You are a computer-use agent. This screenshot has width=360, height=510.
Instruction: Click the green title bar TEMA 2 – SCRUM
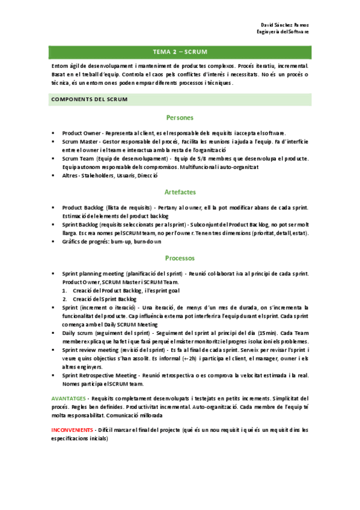click(180, 52)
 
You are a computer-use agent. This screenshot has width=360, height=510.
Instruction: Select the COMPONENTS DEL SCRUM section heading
click(89, 99)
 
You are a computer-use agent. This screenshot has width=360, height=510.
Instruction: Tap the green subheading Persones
click(180, 117)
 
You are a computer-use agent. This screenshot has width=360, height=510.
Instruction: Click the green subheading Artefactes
click(180, 192)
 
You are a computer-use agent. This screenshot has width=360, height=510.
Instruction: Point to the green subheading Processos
click(180, 258)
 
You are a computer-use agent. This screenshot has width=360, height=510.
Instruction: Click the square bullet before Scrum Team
click(53, 158)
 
